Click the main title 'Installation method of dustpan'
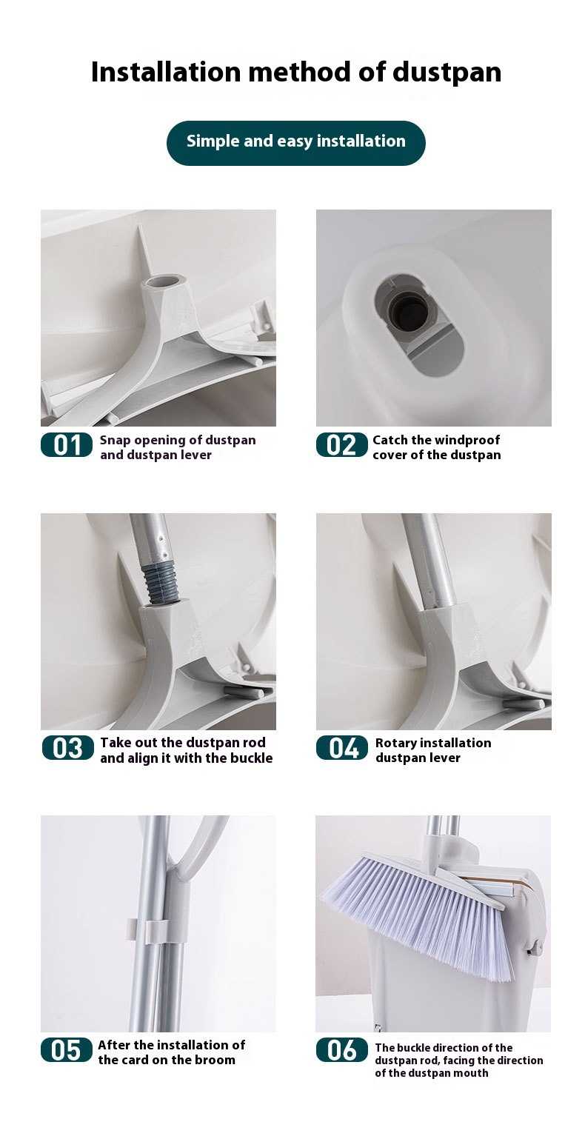click(x=295, y=72)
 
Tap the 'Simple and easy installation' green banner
click(x=295, y=142)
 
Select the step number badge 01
click(x=67, y=445)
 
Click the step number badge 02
click(x=341, y=445)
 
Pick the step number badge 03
click(x=67, y=748)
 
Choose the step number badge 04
click(x=341, y=748)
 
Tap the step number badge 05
click(x=67, y=1050)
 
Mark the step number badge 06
click(x=341, y=1050)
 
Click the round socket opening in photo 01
click(x=164, y=282)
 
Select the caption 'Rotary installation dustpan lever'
click(x=432, y=750)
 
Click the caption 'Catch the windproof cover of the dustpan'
click(x=436, y=447)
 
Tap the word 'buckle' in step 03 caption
click(x=249, y=758)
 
